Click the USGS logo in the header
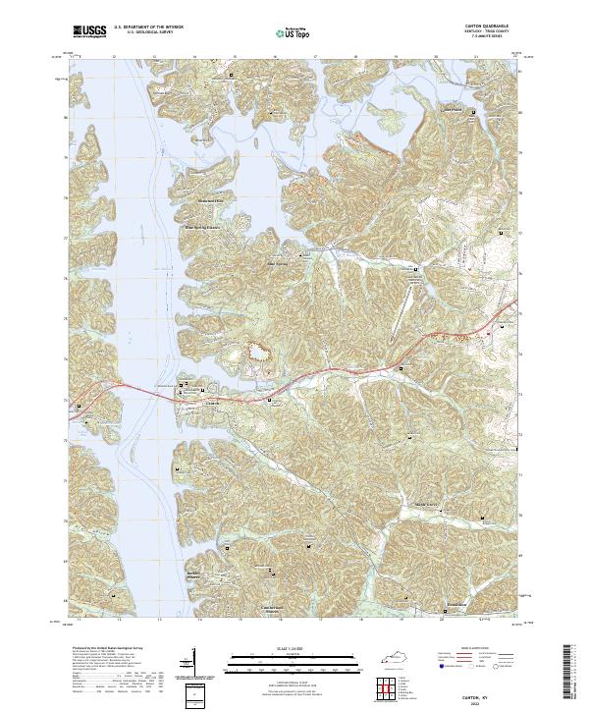coord(89,32)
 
